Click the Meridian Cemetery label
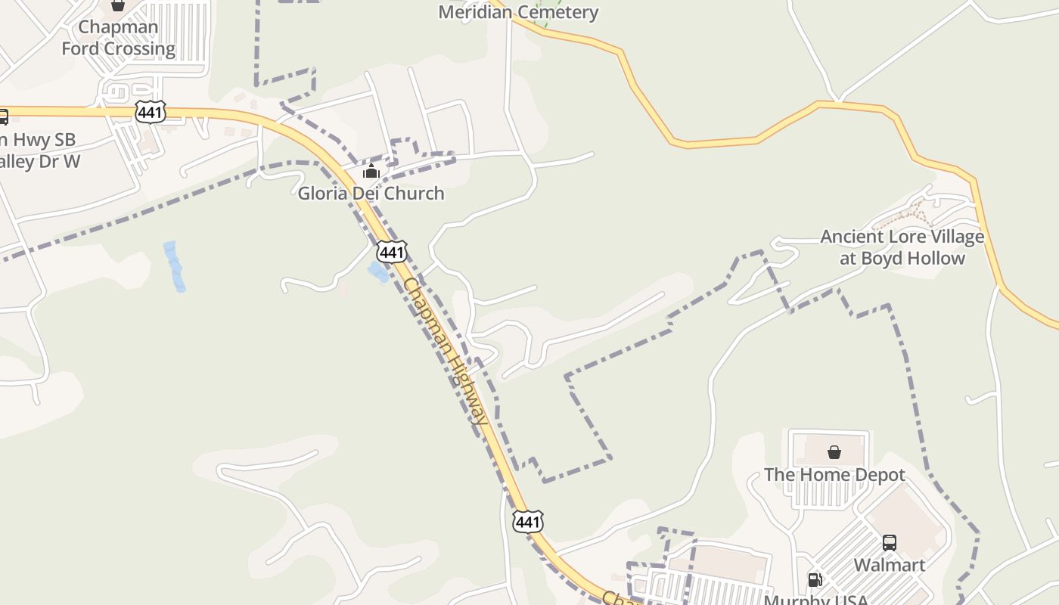518,12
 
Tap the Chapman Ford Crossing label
118,38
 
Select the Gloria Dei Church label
371,194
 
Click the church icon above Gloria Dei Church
371,172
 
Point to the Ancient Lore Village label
902,247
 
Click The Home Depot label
834,475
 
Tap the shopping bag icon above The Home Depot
834,452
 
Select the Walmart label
890,565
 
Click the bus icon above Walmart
890,543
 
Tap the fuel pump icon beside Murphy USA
815,580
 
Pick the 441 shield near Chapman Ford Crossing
151,112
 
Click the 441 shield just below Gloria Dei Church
392,252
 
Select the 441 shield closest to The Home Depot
527,521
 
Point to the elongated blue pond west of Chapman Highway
174,266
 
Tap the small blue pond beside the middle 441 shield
377,271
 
